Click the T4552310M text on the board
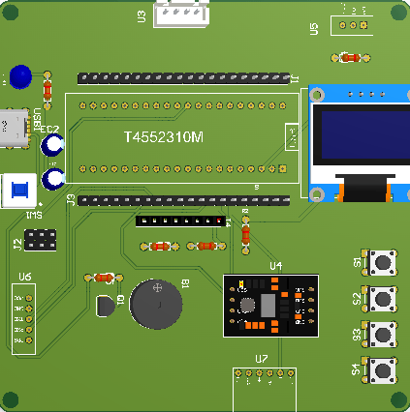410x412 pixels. coord(164,138)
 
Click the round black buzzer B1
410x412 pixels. coord(156,305)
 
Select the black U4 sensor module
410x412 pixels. coord(271,306)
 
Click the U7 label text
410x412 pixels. coord(262,359)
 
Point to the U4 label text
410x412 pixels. coord(276,266)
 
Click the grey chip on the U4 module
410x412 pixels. coord(267,306)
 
